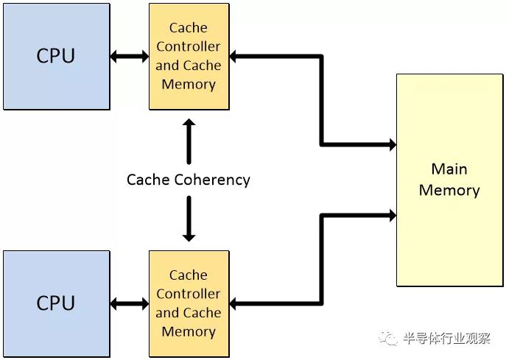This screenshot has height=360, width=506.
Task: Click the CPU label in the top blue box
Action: (x=55, y=55)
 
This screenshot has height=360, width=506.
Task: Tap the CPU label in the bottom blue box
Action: (x=55, y=303)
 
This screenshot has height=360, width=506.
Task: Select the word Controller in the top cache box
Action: (x=189, y=46)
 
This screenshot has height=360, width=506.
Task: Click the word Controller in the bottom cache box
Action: (x=189, y=294)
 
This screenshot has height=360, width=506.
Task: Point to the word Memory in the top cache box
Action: (x=189, y=85)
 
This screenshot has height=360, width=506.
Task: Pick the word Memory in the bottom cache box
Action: (x=189, y=332)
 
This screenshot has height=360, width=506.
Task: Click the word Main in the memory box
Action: (x=449, y=169)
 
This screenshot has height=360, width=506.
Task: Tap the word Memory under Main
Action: (x=449, y=191)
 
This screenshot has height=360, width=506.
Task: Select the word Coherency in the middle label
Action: (x=212, y=180)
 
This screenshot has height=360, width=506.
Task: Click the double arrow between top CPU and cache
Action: (x=130, y=57)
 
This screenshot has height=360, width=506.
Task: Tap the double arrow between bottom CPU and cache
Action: (x=130, y=304)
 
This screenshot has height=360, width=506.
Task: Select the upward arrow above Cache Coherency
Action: (x=189, y=141)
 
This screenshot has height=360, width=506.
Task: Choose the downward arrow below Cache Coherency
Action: (x=189, y=219)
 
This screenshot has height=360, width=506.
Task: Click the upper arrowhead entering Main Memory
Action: (x=393, y=144)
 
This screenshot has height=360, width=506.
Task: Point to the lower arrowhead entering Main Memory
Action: (x=393, y=216)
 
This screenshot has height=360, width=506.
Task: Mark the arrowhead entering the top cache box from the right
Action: (x=233, y=57)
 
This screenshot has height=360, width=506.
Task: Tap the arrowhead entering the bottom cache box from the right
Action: (x=233, y=304)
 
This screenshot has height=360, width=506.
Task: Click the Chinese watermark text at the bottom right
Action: (x=447, y=339)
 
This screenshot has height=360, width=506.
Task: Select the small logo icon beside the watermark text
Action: (x=388, y=338)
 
